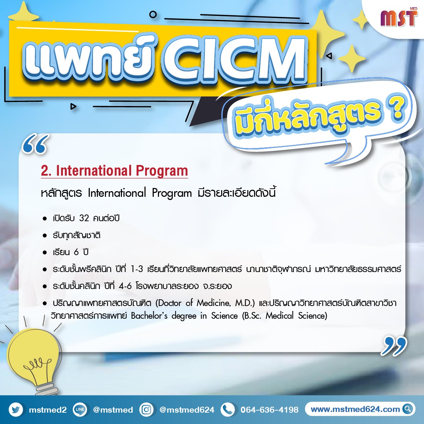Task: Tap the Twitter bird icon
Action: click(x=16, y=410)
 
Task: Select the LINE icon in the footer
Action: click(x=80, y=410)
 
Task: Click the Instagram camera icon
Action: click(x=146, y=410)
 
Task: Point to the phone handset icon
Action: click(x=228, y=410)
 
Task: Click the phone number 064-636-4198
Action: click(x=269, y=410)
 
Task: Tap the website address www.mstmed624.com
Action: click(x=355, y=409)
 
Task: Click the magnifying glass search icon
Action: click(x=407, y=409)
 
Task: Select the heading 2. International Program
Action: click(x=114, y=171)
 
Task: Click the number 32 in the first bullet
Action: click(x=84, y=218)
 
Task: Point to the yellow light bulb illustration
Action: click(x=33, y=361)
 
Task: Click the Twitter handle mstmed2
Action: click(x=48, y=410)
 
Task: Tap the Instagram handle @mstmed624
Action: click(x=187, y=410)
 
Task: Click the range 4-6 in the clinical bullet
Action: click(x=125, y=286)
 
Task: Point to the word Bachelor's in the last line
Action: click(x=149, y=316)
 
